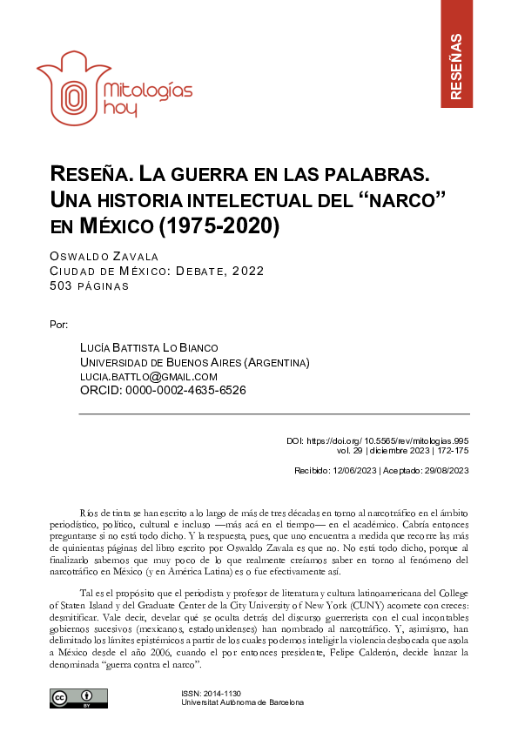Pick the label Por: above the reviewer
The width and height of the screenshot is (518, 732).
click(60, 325)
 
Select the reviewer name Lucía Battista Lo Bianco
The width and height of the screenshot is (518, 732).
click(149, 348)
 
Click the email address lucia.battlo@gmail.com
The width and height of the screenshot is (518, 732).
click(148, 376)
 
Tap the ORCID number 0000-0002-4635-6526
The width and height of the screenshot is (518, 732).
click(187, 390)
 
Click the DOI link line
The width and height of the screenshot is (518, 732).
click(378, 441)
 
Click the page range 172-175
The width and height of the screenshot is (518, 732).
click(453, 451)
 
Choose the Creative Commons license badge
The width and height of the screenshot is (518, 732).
click(78, 699)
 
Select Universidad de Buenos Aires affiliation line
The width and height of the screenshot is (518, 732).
click(194, 362)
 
